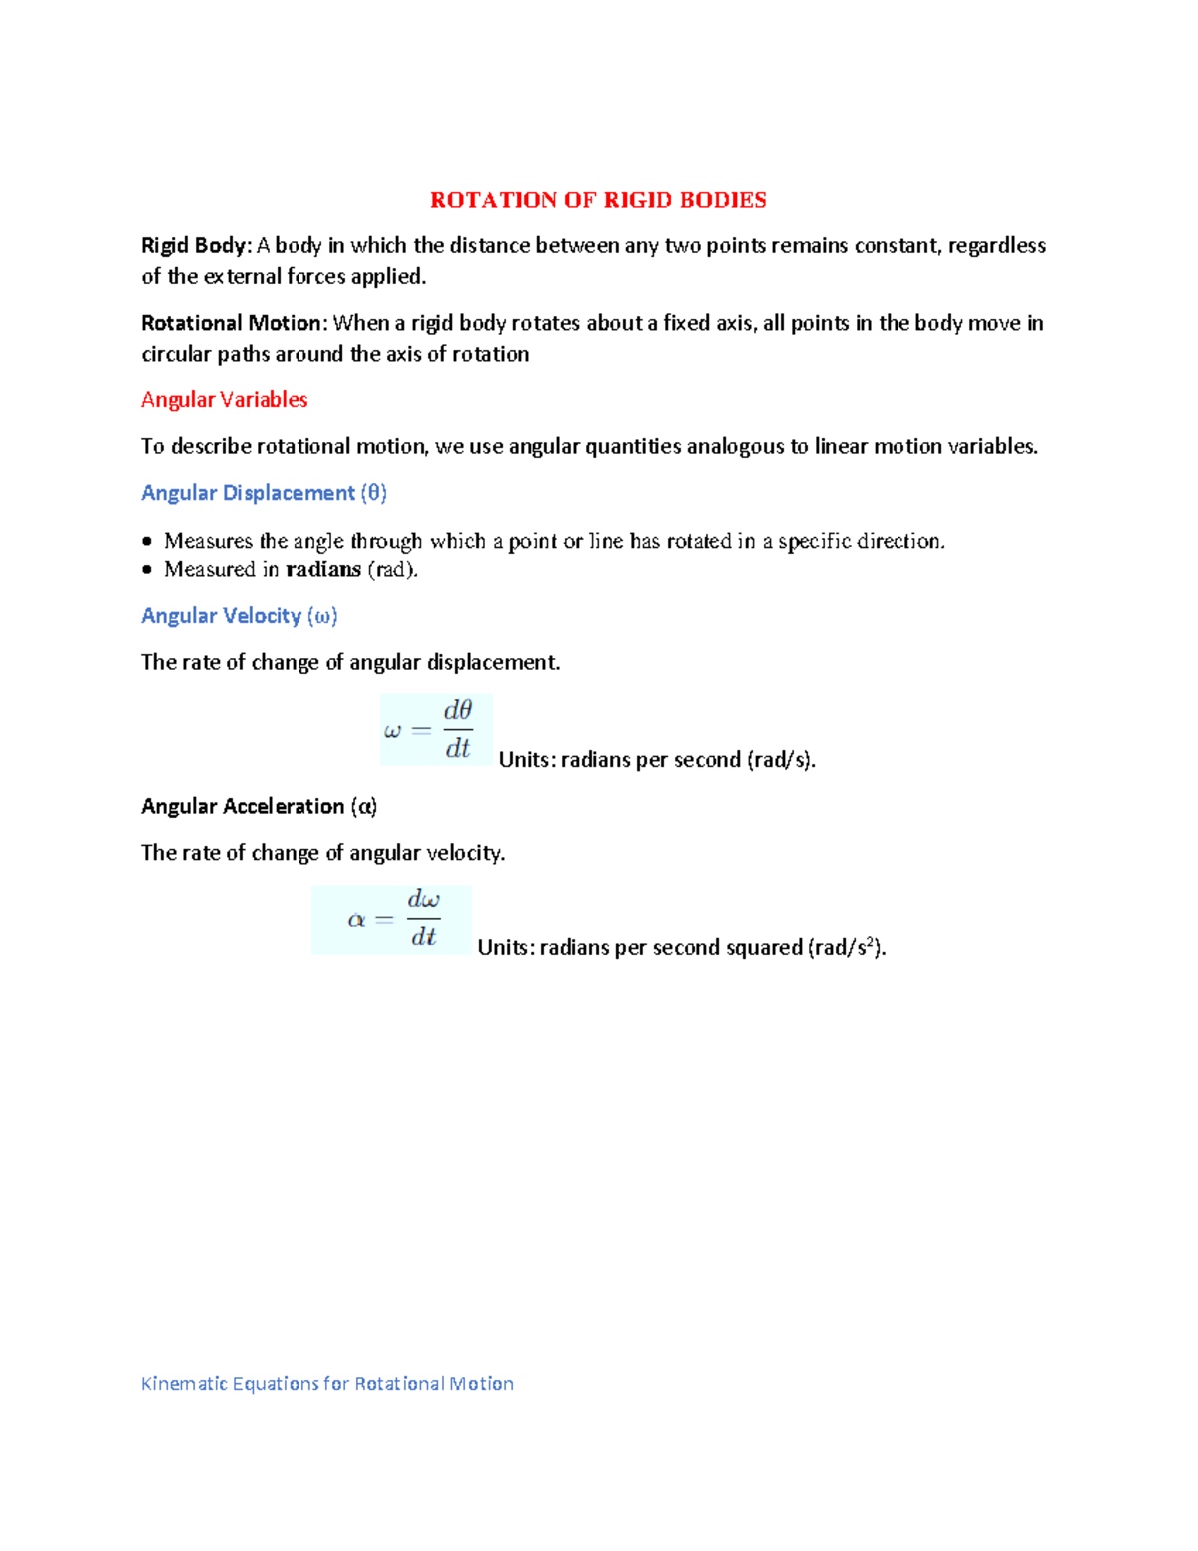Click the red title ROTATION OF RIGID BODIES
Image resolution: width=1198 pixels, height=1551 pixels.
tap(598, 200)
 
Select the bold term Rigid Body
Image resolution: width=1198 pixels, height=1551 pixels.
tap(195, 246)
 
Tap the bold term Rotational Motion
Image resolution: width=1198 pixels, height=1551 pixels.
tap(233, 323)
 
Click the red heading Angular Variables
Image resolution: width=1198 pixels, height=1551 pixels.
tap(224, 400)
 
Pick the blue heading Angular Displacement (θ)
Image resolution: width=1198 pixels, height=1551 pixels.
tap(264, 493)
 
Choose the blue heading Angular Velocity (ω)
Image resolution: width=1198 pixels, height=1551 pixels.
tap(239, 616)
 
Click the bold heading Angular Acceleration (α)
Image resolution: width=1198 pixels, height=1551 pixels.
tap(259, 806)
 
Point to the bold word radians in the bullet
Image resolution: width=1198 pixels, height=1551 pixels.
tap(323, 569)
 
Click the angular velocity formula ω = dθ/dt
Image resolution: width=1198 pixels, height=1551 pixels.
tap(436, 730)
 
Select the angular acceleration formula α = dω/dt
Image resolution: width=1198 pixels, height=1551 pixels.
tap(391, 919)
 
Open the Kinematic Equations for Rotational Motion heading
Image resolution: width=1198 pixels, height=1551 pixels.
tap(326, 1384)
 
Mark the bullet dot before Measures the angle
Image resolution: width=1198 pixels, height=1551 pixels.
tap(147, 542)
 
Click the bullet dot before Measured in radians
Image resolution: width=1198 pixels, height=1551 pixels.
tap(147, 570)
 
